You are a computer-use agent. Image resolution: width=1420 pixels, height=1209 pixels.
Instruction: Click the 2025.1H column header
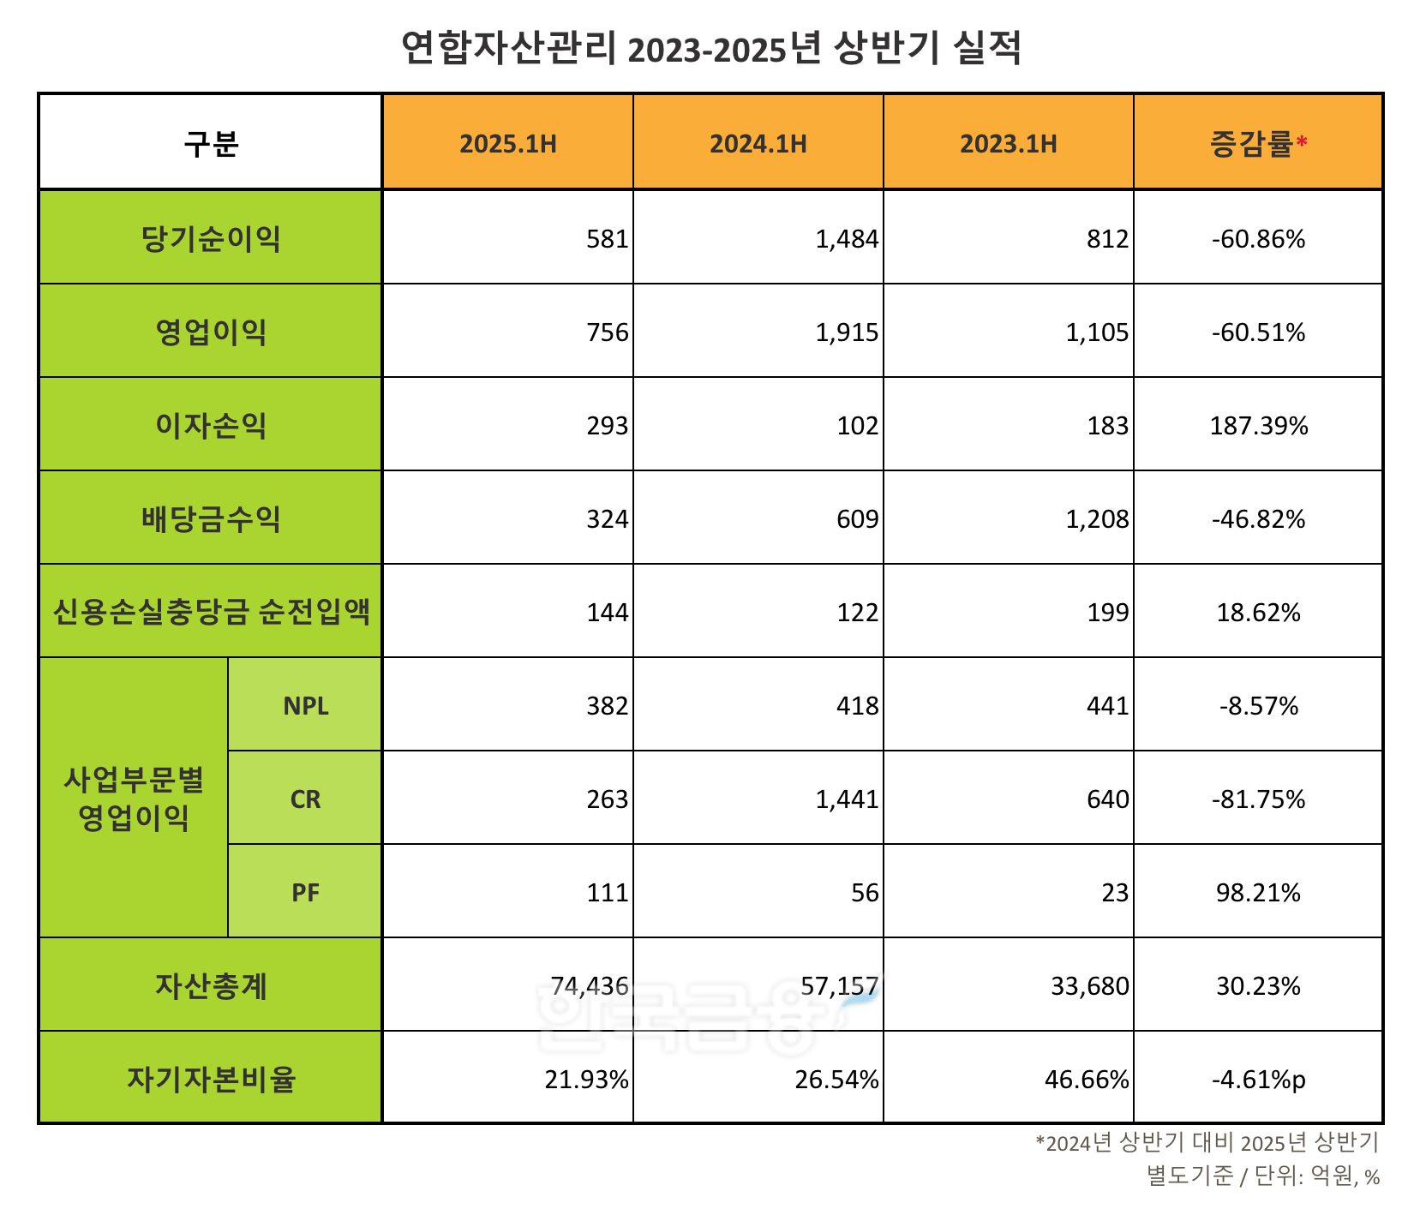(507, 143)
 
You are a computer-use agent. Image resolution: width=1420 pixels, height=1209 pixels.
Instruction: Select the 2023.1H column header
(1008, 143)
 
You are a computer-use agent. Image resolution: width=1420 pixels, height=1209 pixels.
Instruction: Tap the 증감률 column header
(1251, 143)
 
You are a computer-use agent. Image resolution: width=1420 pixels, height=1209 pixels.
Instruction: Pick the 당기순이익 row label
(211, 238)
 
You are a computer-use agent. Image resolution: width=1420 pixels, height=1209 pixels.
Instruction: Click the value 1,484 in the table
(847, 239)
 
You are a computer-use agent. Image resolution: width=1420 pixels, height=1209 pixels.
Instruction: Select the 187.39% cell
(1258, 426)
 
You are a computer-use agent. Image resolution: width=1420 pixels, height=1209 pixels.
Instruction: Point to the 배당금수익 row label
(211, 518)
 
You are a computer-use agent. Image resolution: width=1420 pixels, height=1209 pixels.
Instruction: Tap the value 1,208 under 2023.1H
(1097, 519)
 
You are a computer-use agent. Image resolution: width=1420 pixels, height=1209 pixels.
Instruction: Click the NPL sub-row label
(305, 706)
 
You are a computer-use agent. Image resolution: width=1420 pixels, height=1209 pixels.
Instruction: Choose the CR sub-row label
(305, 799)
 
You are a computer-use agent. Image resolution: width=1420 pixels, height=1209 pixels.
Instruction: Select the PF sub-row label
(305, 893)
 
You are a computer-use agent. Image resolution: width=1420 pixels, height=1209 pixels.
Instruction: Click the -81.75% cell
(1258, 799)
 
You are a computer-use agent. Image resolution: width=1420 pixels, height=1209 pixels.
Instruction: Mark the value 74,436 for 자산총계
(590, 986)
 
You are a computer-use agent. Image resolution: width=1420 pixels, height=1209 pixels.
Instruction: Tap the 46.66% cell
(1087, 1080)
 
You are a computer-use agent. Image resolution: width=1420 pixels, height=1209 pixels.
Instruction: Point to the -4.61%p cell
(1258, 1080)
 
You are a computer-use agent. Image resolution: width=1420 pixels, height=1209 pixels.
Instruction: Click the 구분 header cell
(211, 143)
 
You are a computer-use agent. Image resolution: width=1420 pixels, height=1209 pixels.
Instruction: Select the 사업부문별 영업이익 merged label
(134, 799)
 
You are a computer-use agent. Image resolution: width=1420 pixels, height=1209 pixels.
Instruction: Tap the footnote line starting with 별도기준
(1263, 1176)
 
